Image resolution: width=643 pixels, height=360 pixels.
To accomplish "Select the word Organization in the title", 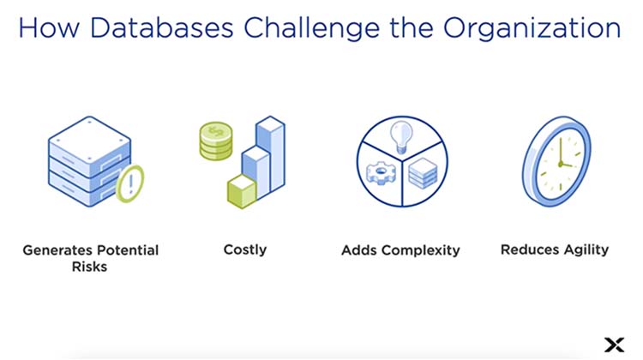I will click(x=532, y=27).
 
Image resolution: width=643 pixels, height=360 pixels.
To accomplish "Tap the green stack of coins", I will click(x=215, y=141).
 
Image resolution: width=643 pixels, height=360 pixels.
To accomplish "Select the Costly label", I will click(x=244, y=250).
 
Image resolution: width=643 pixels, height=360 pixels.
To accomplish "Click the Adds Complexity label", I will click(x=400, y=251).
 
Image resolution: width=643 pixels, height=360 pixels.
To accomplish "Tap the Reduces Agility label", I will click(x=554, y=250).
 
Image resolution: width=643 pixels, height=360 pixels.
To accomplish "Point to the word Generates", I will click(x=57, y=251).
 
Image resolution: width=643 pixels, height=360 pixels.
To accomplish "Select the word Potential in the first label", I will click(x=126, y=251).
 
